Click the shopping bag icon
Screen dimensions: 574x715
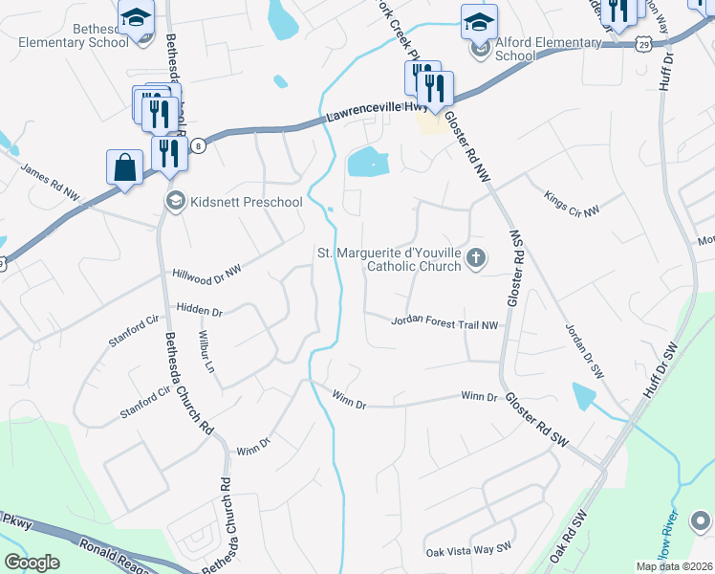tap(124, 168)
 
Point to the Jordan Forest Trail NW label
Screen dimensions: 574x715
tap(444, 324)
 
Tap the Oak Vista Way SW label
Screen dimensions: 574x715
tap(469, 552)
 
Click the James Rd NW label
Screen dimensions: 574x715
tap(50, 181)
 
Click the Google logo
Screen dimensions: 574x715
tap(32, 563)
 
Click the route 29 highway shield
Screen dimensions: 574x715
tap(646, 44)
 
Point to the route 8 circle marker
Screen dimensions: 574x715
tap(198, 145)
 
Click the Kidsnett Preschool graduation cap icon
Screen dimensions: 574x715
tap(175, 201)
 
